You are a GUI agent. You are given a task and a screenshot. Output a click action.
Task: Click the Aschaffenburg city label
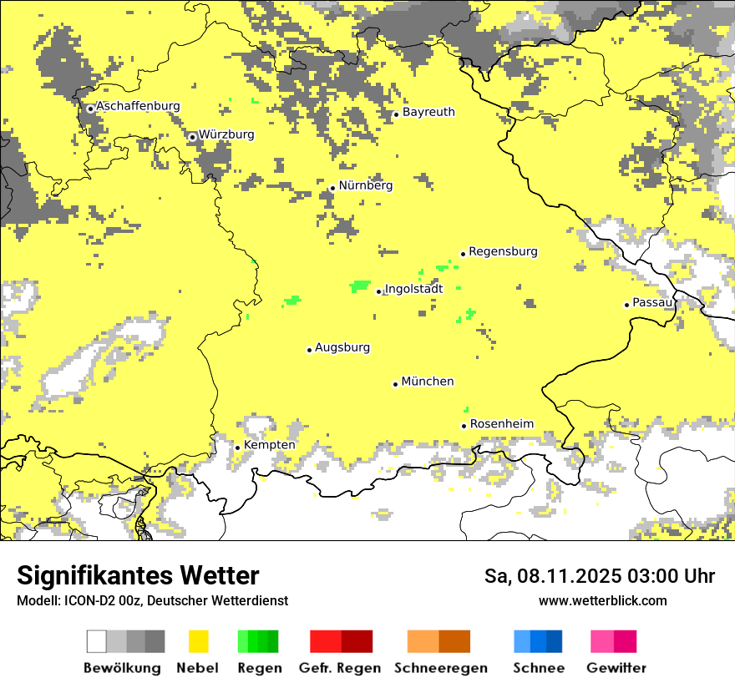138,107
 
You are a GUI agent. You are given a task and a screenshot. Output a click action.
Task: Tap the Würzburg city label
226,135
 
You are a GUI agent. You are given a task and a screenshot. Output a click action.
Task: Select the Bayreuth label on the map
428,113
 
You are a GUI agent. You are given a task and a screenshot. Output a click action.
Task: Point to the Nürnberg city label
365,186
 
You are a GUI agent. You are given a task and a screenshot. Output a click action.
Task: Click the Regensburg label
503,252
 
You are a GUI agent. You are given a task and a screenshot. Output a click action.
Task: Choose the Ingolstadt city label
413,290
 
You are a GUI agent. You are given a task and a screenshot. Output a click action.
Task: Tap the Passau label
652,303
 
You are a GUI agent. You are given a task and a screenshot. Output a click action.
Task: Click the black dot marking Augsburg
309,350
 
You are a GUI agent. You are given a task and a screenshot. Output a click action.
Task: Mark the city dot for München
396,384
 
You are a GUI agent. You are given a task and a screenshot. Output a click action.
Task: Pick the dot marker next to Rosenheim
464,426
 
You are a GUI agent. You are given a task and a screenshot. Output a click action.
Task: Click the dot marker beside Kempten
238,448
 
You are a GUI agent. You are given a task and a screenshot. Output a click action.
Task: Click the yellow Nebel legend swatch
199,641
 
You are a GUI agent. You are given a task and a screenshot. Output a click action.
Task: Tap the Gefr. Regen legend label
340,668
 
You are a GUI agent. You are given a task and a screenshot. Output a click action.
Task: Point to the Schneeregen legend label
440,668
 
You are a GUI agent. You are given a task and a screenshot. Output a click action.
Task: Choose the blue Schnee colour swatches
538,641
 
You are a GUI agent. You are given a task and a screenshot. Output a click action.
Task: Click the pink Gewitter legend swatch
614,641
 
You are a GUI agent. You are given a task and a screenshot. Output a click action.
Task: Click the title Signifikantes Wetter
138,576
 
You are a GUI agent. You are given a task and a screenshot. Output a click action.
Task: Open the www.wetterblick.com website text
602,600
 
